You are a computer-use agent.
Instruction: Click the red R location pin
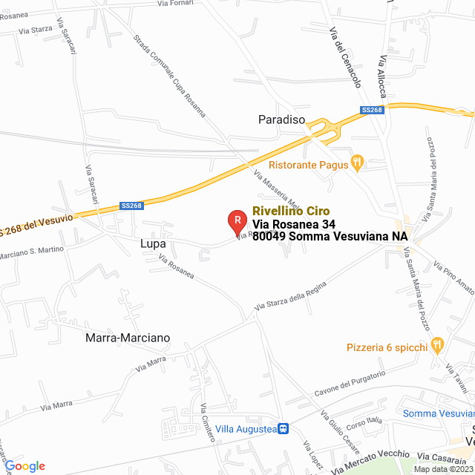(236, 220)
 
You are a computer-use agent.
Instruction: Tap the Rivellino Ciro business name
(291, 211)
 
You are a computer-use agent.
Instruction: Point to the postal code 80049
(269, 237)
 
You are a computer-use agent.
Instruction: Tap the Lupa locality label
(151, 243)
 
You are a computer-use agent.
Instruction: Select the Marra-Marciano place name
(128, 338)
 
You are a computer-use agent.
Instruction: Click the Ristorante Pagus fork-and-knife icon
(357, 160)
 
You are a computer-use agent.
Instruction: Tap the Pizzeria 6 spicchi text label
(387, 347)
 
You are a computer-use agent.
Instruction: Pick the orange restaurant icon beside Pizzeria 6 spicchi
(437, 344)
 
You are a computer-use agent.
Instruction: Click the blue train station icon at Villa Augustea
(284, 429)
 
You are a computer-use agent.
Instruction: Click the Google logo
(24, 466)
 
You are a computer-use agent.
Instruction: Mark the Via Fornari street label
(174, 4)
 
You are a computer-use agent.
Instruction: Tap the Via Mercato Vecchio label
(371, 461)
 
